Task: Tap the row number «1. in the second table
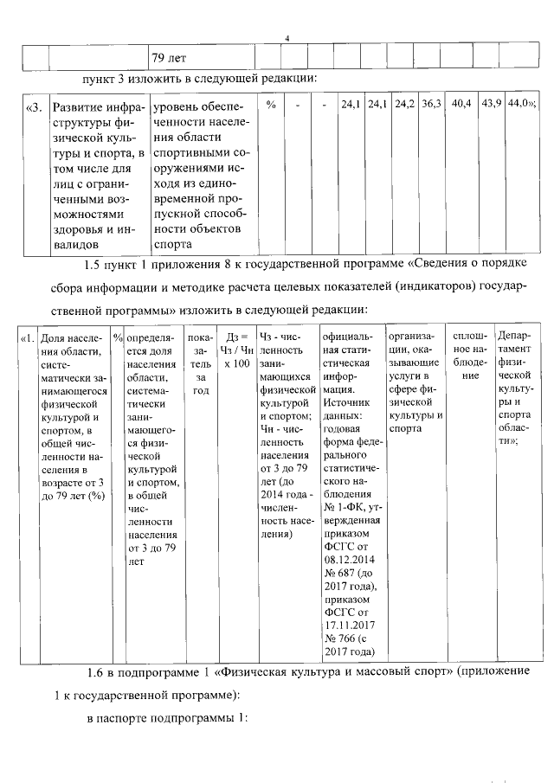(x=28, y=337)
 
